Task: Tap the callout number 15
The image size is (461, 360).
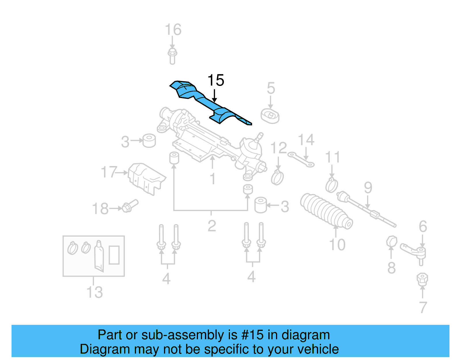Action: coord(216,80)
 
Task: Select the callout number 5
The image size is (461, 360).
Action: coord(271,88)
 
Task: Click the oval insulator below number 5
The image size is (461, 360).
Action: coord(270,116)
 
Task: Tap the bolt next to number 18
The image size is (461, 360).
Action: coord(130,206)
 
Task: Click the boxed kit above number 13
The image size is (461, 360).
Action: coord(94,256)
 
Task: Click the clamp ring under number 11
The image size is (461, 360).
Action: coord(331,185)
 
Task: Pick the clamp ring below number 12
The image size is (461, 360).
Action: coord(277,177)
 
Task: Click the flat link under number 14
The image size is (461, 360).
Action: coord(301,160)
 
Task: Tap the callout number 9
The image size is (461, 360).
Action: coord(368,188)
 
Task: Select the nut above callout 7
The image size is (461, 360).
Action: coord(422,279)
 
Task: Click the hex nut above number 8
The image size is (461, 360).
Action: coord(392,242)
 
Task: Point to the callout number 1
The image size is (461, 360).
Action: coord(213,179)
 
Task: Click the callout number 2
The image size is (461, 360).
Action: coord(212,226)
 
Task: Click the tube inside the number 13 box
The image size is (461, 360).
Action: coord(99,256)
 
